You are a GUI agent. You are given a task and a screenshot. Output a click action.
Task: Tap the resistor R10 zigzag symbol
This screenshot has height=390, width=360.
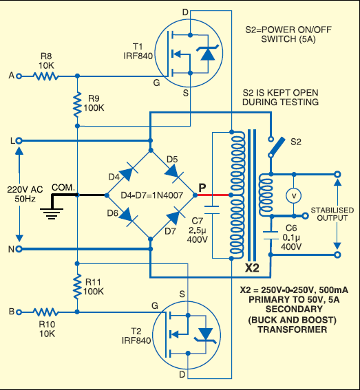(47, 312)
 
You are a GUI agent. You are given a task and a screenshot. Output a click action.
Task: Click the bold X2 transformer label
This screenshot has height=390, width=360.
(253, 267)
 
